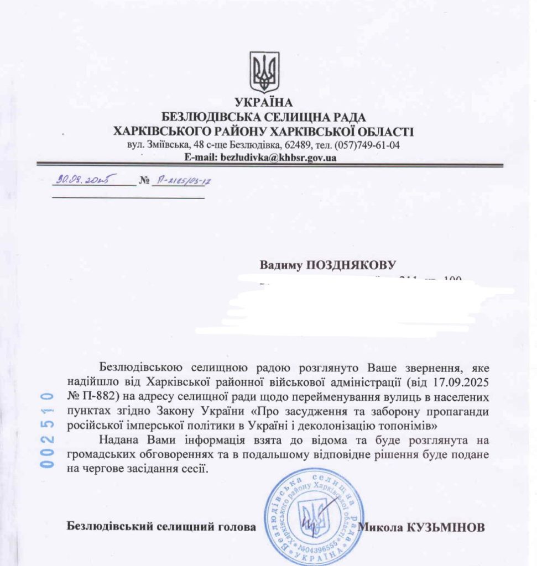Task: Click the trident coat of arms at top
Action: click(264, 72)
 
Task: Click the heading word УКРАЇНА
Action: click(263, 103)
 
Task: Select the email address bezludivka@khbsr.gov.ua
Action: click(278, 157)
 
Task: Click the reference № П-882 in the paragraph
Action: click(90, 396)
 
